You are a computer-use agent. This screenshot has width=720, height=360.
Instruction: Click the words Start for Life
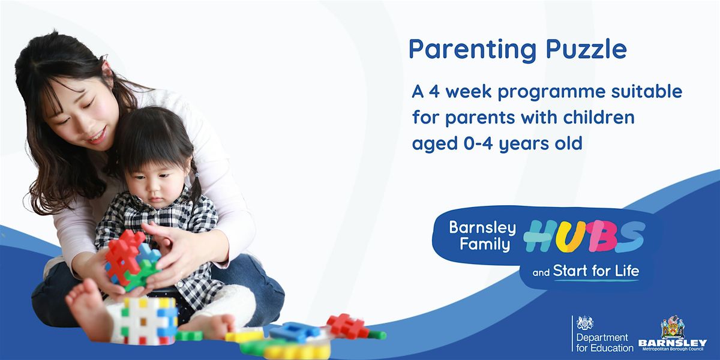(x=596, y=271)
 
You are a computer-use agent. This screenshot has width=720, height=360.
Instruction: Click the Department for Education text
(x=604, y=342)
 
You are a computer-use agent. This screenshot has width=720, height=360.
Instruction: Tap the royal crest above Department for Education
(x=584, y=323)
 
